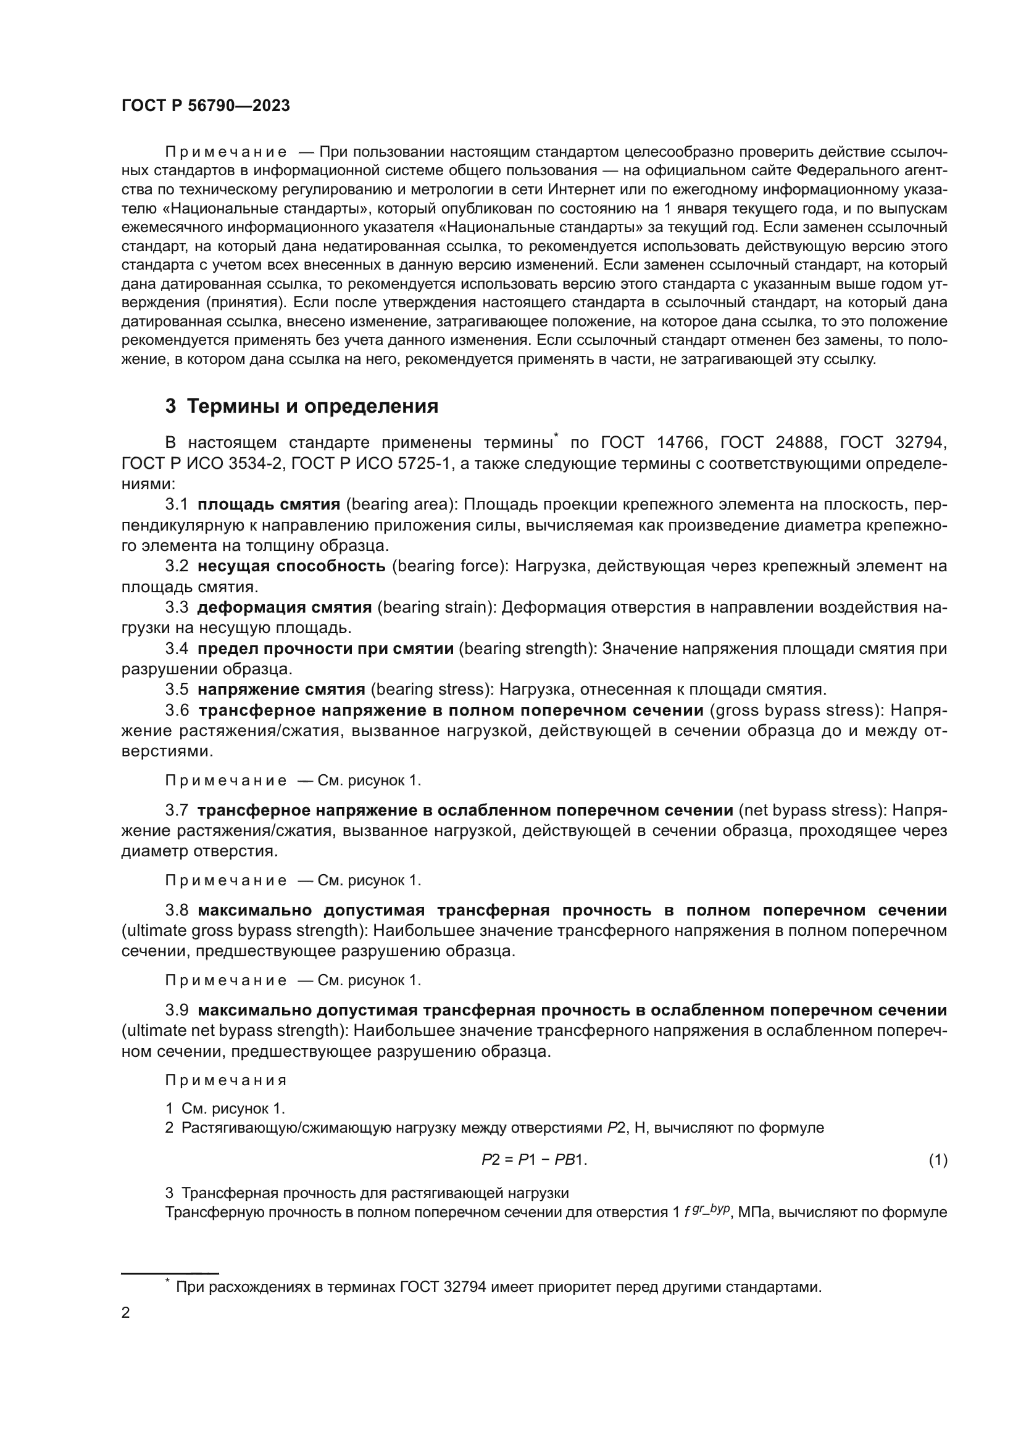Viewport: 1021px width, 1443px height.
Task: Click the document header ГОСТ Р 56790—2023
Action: coord(206,105)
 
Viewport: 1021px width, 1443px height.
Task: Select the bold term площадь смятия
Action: coord(269,504)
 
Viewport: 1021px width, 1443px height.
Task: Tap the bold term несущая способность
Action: coord(291,566)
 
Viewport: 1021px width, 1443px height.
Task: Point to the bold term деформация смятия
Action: coord(284,607)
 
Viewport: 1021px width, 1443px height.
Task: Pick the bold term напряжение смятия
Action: coord(281,690)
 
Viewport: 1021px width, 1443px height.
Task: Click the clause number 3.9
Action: coord(177,1010)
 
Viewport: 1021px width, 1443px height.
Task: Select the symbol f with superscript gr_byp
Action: coord(707,1210)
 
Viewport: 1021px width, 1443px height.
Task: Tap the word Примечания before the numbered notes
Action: coord(226,1080)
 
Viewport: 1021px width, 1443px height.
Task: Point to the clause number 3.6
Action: coord(177,710)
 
